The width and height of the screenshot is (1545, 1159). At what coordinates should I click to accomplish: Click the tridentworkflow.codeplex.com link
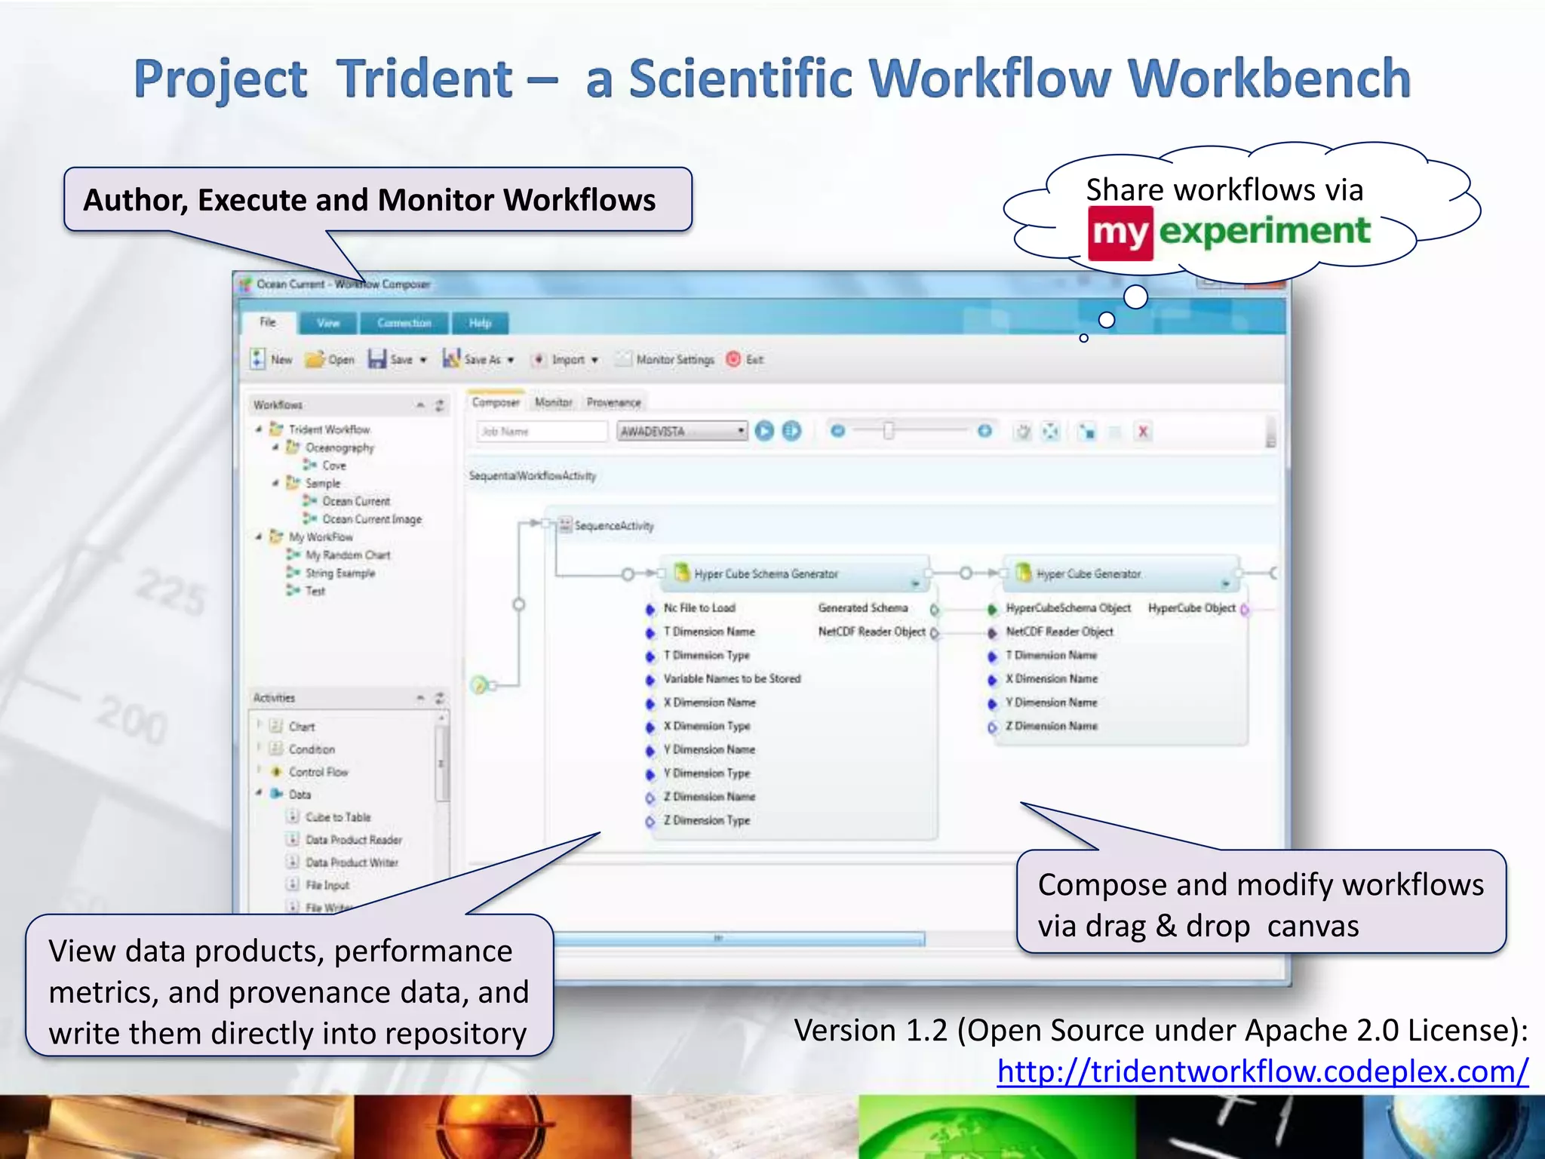[x=1262, y=1071]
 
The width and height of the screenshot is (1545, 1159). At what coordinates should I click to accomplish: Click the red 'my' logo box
[x=1120, y=233]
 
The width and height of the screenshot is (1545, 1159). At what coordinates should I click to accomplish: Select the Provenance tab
[x=613, y=403]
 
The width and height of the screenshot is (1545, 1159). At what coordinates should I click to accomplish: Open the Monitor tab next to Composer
[x=553, y=403]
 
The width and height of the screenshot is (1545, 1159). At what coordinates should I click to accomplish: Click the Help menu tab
[x=480, y=323]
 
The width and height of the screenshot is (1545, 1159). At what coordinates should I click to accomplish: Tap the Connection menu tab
[x=404, y=323]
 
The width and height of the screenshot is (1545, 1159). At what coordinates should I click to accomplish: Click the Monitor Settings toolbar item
[x=674, y=360]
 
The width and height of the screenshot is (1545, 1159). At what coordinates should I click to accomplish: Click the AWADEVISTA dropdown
[x=681, y=432]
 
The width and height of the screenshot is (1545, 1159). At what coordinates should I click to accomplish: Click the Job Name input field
[x=542, y=432]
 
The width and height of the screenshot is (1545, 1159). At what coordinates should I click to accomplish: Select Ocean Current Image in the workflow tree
[x=371, y=519]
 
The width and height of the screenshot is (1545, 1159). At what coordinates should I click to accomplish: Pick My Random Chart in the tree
[x=347, y=555]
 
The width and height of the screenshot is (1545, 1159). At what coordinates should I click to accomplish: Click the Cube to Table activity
[x=337, y=817]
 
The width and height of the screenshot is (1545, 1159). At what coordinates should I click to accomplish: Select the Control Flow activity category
[x=318, y=772]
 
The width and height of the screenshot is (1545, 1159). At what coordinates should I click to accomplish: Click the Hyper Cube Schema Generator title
[x=766, y=574]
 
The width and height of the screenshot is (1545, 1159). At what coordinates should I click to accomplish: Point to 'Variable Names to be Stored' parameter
[x=731, y=679]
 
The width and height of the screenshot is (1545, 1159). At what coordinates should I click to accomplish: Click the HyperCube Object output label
[x=1191, y=608]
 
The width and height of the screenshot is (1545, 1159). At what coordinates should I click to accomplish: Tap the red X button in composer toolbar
[x=1143, y=432]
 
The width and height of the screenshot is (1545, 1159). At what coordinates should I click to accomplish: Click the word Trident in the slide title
[x=424, y=79]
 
